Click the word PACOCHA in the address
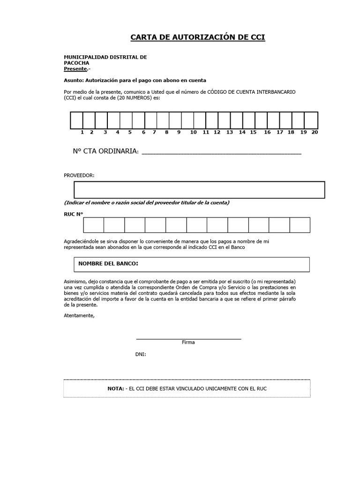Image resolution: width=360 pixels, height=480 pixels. point(76,63)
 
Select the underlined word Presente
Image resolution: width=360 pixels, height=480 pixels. point(75,69)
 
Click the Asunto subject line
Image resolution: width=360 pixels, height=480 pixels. point(135,80)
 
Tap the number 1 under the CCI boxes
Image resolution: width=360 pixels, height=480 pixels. point(82,133)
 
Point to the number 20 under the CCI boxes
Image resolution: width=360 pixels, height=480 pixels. point(315,133)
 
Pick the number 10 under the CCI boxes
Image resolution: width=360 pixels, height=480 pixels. point(193,133)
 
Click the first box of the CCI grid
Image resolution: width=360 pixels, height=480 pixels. point(76,120)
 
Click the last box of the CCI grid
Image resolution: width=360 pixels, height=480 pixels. point(312,120)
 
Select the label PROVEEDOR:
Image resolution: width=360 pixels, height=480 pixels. point(79,175)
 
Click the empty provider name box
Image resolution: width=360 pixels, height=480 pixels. point(199,190)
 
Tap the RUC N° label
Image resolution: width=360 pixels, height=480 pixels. point(73,214)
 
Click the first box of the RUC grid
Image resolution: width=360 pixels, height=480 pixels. point(94,225)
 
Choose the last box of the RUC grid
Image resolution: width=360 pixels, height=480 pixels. point(300,225)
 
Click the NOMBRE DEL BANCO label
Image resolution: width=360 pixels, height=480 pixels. point(108,264)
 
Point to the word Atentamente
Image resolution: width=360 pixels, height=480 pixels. point(79,315)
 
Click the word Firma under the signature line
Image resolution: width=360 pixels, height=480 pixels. point(188,342)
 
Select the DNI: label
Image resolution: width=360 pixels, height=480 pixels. point(141,354)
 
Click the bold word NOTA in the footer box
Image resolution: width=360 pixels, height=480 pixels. point(116,389)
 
